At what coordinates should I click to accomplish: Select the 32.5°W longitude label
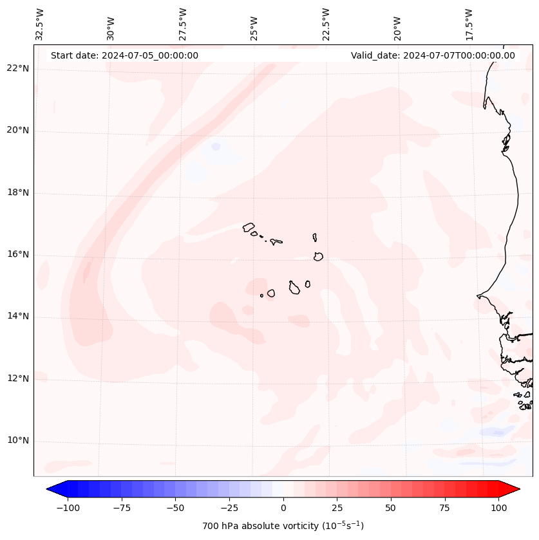pyautogui.click(x=41, y=24)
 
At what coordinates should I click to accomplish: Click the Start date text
pyautogui.click(x=124, y=55)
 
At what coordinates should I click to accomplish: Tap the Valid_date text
pyautogui.click(x=433, y=55)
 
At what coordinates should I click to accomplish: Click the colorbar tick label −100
pyautogui.click(x=66, y=508)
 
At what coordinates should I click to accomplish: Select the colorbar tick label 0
pyautogui.click(x=283, y=508)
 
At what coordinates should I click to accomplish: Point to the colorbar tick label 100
pyautogui.click(x=499, y=508)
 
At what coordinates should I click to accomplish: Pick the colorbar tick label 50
pyautogui.click(x=391, y=508)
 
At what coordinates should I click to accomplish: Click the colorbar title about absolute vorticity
pyautogui.click(x=283, y=526)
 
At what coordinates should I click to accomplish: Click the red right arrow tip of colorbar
pyautogui.click(x=518, y=490)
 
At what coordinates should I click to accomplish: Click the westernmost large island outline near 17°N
pyautogui.click(x=249, y=227)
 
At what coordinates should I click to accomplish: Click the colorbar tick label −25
pyautogui.click(x=229, y=508)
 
